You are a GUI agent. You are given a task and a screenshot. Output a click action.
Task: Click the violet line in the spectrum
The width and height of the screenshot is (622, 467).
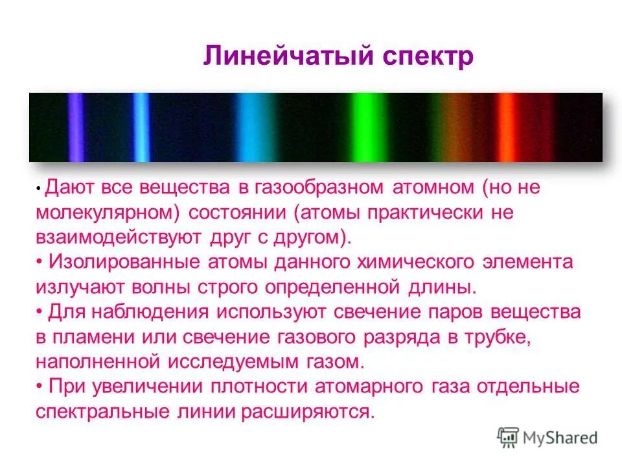tap(76, 127)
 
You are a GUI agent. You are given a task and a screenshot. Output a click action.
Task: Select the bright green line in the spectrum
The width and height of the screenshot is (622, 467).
tap(358, 127)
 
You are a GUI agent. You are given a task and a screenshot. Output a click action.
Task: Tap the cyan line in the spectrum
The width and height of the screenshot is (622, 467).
tap(246, 127)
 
